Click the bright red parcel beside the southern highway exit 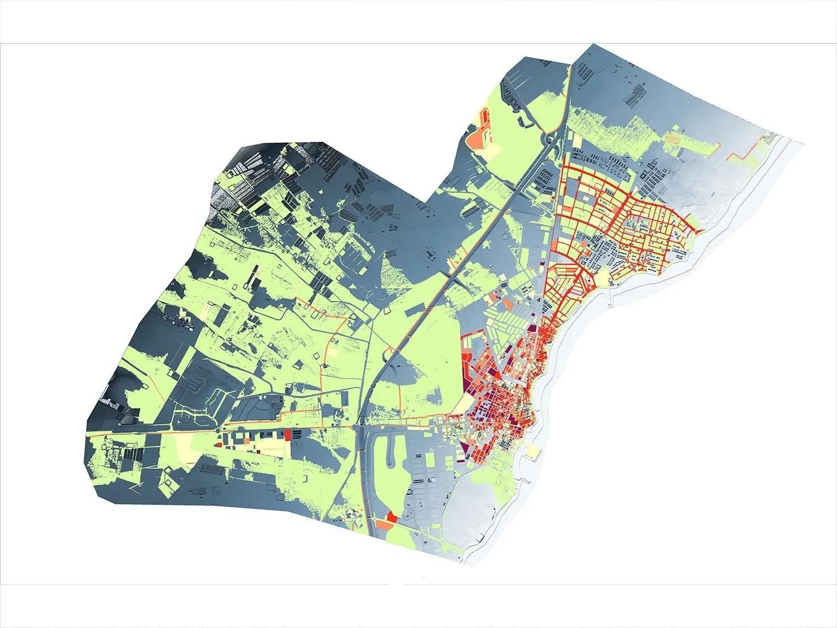click(391, 516)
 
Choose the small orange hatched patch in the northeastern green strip click(673, 137)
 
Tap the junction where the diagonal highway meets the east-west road click(362, 422)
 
